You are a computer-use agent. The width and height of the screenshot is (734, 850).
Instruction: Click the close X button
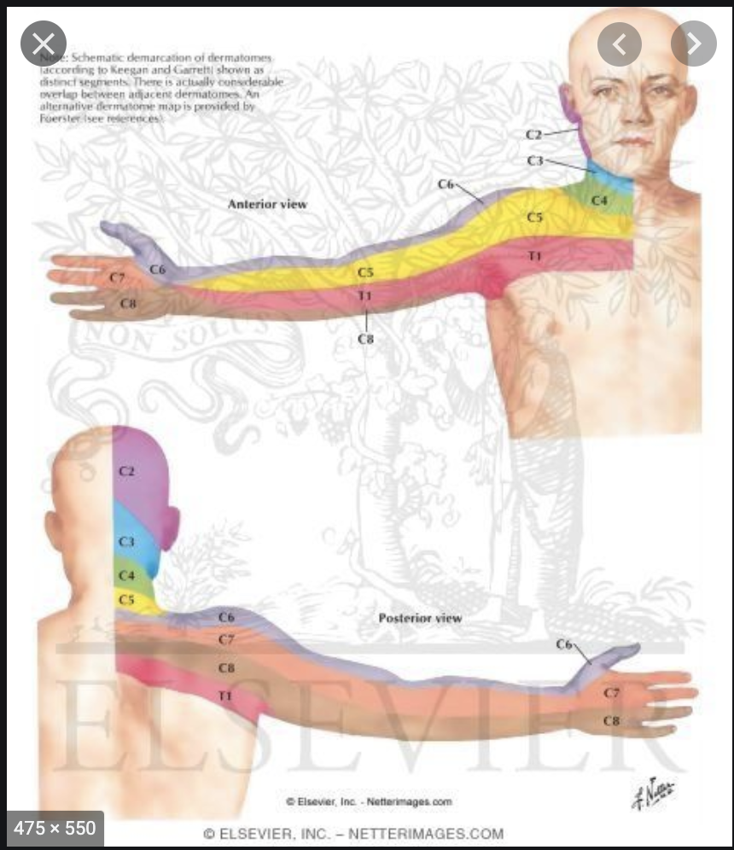coord(44,44)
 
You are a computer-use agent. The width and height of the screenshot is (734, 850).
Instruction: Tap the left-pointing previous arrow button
coord(619,44)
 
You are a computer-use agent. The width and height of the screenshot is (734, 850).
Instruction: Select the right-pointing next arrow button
coord(693,44)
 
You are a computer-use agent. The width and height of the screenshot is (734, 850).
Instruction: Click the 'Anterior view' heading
coord(267,205)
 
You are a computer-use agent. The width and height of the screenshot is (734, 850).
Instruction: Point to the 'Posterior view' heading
coord(420,618)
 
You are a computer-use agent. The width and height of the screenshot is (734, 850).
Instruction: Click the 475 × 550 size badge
coord(55,829)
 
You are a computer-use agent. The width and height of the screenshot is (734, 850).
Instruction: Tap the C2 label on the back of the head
coord(126,471)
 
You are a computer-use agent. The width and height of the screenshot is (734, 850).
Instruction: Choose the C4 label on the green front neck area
coord(599,201)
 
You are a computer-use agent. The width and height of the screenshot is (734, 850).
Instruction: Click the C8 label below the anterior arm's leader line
coord(366,340)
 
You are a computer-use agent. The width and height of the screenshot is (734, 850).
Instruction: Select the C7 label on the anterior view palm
coord(117,278)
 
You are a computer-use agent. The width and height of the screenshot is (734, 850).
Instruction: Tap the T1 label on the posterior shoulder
coord(225,696)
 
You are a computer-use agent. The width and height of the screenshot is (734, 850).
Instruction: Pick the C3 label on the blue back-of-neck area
coord(126,542)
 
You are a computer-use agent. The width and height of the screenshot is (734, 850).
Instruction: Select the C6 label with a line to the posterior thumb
coord(564,644)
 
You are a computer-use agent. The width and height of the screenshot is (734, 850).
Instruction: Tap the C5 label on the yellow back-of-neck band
coord(126,600)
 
